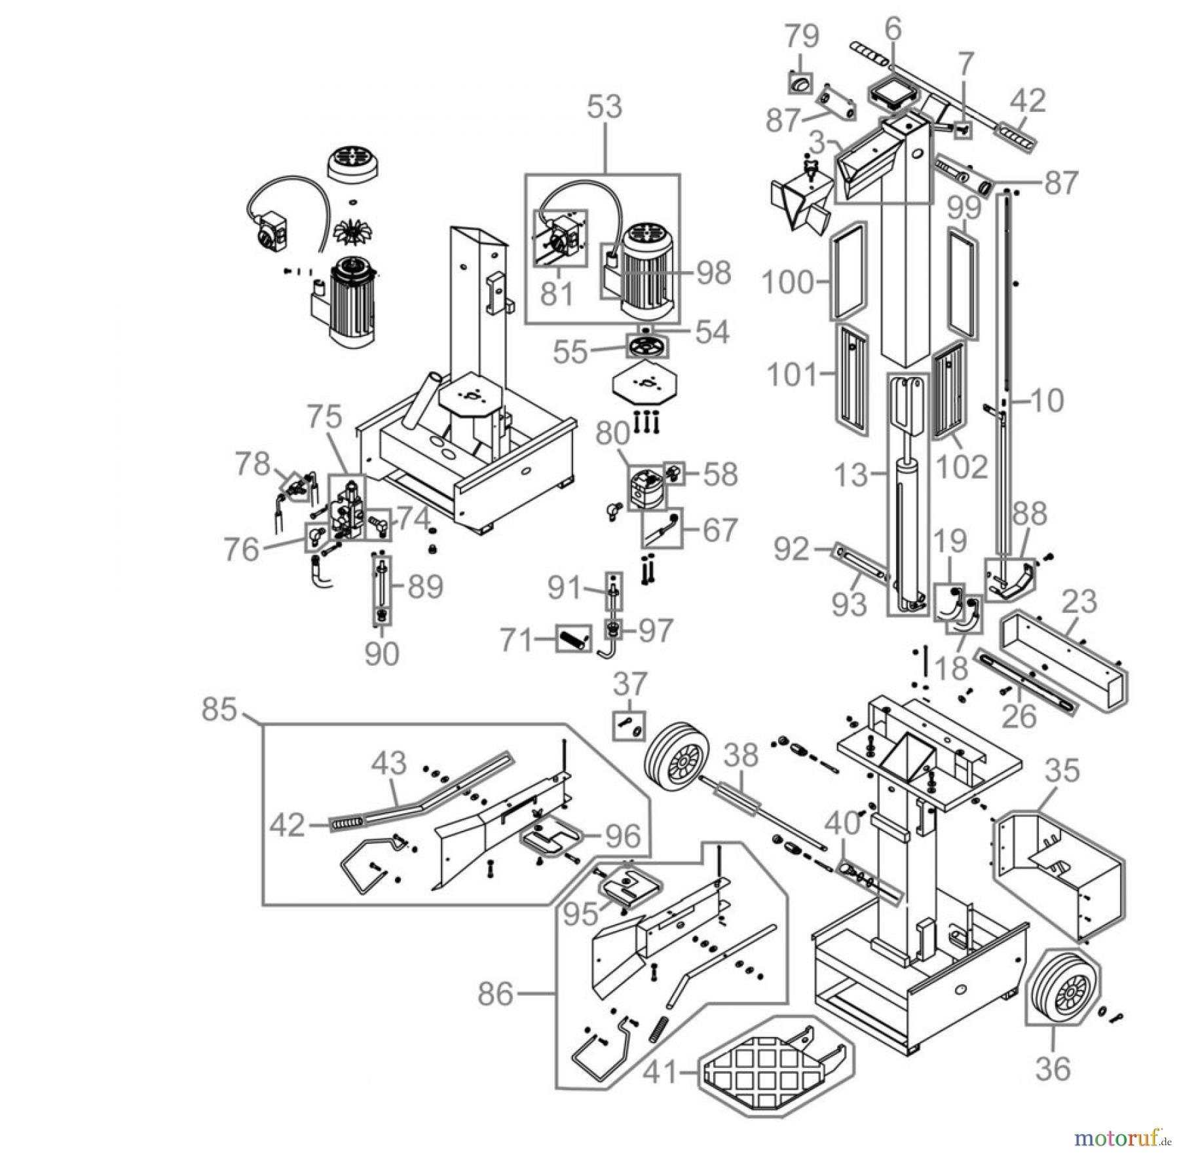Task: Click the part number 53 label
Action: click(604, 107)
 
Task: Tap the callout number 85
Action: click(219, 708)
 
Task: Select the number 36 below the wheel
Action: click(1053, 1069)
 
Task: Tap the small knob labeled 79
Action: click(799, 84)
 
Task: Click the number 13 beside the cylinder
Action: click(851, 475)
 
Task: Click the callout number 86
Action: click(495, 994)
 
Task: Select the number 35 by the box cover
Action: click(1061, 771)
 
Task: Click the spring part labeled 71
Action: click(574, 637)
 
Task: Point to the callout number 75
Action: click(325, 416)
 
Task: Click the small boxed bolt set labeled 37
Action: click(629, 725)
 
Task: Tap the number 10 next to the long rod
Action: click(1046, 400)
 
